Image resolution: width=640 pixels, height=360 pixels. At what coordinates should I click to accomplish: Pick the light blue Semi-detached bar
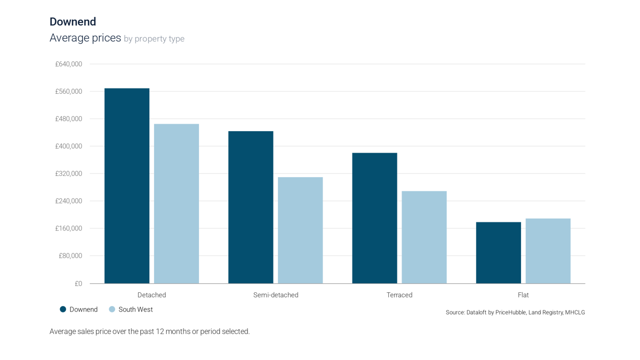pyautogui.click(x=300, y=229)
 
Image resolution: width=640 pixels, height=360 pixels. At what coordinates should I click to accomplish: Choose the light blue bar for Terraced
pyautogui.click(x=424, y=237)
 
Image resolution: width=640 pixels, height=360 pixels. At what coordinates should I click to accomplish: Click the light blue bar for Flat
pyautogui.click(x=548, y=250)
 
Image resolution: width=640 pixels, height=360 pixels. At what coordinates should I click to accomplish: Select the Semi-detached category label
pyautogui.click(x=275, y=294)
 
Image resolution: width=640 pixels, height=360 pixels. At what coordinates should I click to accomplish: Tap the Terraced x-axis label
pyautogui.click(x=399, y=294)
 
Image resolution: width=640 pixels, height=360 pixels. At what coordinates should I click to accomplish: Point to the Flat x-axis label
pyautogui.click(x=523, y=294)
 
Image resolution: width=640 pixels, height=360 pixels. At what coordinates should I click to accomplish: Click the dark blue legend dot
pyautogui.click(x=63, y=309)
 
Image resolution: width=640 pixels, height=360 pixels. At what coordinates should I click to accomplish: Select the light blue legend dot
pyautogui.click(x=111, y=309)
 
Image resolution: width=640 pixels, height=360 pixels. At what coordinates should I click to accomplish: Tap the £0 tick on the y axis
pyautogui.click(x=78, y=283)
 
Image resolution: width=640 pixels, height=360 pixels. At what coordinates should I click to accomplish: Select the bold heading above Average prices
pyautogui.click(x=73, y=22)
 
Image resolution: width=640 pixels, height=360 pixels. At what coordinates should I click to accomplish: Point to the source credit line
pyautogui.click(x=515, y=313)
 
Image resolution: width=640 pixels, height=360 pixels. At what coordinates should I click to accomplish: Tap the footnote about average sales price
pyautogui.click(x=149, y=331)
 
